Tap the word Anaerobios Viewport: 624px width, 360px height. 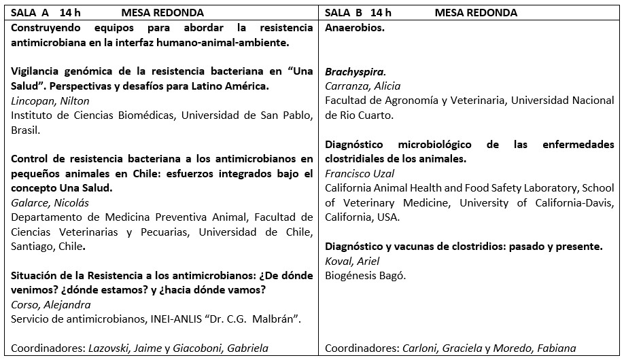pyautogui.click(x=355, y=28)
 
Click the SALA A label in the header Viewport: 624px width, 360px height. pyautogui.click(x=29, y=13)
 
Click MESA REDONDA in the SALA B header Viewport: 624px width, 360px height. pyautogui.click(x=476, y=13)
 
